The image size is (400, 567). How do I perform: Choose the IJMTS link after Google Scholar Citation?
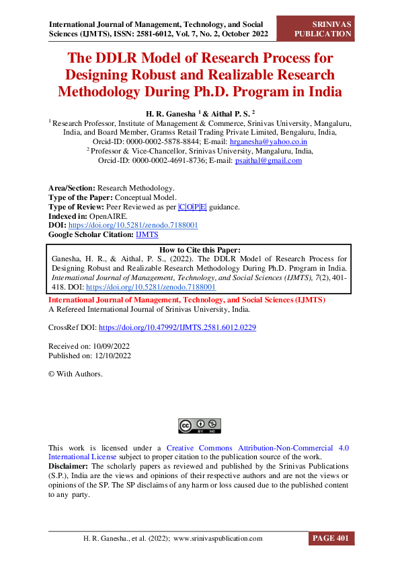coord(147,234)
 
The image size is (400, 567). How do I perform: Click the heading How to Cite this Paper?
coord(200,249)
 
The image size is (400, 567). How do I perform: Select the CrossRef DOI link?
coord(177,328)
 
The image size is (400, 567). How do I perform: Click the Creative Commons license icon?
coord(200,426)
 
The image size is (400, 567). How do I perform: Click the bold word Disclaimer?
coord(69,466)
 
